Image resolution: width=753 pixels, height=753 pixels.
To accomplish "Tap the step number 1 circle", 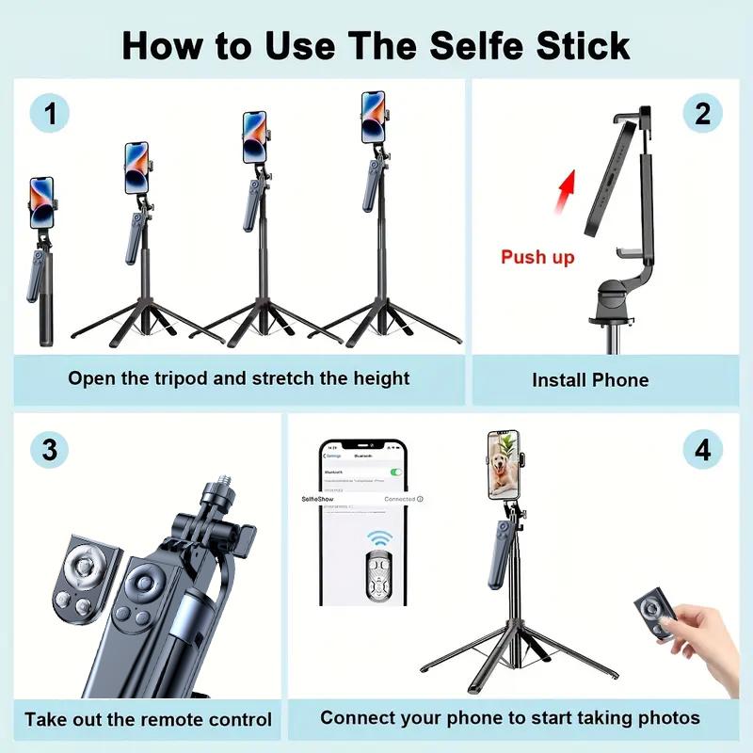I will [x=49, y=113].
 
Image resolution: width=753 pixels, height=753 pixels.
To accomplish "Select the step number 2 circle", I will [x=702, y=113].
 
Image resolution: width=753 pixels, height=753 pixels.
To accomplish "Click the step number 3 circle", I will [x=49, y=449].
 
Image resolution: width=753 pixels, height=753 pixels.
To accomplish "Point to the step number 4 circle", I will [x=702, y=449].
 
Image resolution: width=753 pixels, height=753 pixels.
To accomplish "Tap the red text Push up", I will [x=537, y=257].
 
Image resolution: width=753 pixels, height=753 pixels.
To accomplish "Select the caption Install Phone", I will [x=590, y=380].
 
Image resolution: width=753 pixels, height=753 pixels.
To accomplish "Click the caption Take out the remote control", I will [x=148, y=720].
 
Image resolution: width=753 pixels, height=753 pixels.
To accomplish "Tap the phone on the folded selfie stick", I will [x=41, y=201].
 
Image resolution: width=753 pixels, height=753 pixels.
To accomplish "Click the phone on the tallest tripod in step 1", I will [x=374, y=117].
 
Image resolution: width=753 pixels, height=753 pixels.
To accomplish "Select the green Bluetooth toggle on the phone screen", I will [x=396, y=472].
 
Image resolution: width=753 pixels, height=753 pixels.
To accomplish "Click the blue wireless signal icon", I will [x=379, y=539].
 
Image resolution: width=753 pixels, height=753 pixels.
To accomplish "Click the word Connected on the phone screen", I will [x=399, y=499].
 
